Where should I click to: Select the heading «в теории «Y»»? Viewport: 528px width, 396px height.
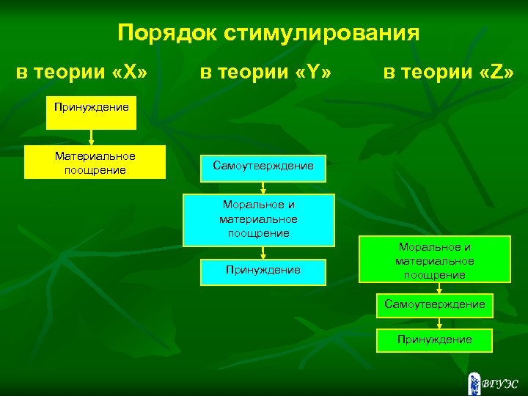[x=265, y=72]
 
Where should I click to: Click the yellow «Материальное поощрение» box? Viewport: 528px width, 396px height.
[x=95, y=164]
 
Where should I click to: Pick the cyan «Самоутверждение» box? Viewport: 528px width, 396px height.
[x=263, y=166]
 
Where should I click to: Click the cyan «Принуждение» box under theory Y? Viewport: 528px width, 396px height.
[x=263, y=271]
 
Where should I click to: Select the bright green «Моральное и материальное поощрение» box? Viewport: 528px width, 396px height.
[x=434, y=260]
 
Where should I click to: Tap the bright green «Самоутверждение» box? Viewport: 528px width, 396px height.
[x=434, y=304]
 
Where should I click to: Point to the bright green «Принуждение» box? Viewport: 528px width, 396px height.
[x=434, y=340]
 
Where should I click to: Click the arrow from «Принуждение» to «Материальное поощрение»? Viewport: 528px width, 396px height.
[x=91, y=139]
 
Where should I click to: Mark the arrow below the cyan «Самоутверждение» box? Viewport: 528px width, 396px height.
[x=263, y=187]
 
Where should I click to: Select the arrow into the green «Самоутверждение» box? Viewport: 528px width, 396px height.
[x=435, y=287]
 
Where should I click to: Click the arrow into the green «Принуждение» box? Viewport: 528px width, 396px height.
[x=435, y=323]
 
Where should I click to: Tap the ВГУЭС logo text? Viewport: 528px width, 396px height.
[x=501, y=383]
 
